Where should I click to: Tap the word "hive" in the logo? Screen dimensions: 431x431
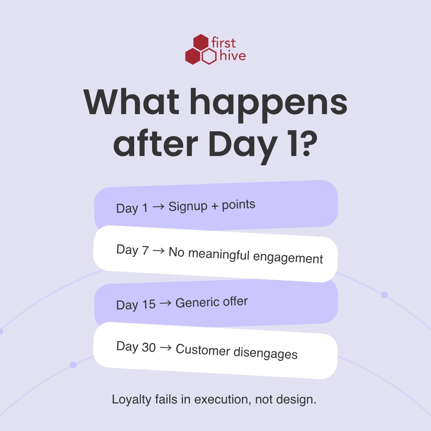pyautogui.click(x=232, y=56)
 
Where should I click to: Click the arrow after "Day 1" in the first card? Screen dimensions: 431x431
pyautogui.click(x=158, y=207)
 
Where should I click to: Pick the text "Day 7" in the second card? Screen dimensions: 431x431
pyautogui.click(x=133, y=250)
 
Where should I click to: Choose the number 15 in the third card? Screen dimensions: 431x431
pyautogui.click(x=148, y=304)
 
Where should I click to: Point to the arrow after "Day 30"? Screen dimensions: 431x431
pyautogui.click(x=166, y=348)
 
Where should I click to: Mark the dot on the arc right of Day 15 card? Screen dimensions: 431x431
pyautogui.click(x=384, y=295)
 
